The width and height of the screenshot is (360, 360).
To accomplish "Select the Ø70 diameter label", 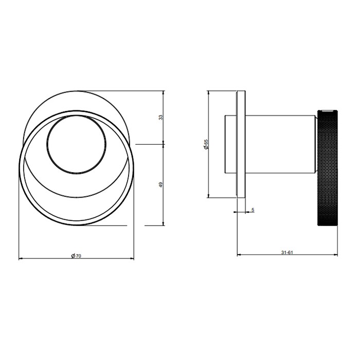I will click(76, 256).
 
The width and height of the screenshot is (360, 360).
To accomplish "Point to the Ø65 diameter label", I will click(206, 144).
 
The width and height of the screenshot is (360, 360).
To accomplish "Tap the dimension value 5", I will click(253, 210).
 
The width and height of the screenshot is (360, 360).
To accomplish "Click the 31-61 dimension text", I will click(286, 252).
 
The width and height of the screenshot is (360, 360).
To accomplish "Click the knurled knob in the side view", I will click(328, 170).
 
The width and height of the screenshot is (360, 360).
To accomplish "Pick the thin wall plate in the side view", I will click(241, 144).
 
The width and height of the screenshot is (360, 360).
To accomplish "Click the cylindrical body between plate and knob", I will click(280, 144).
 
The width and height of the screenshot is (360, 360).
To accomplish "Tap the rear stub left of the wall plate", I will click(230, 144).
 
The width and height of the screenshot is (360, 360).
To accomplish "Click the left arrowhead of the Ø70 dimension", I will click(21, 259).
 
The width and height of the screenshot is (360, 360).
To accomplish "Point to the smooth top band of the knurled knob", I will click(328, 111).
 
